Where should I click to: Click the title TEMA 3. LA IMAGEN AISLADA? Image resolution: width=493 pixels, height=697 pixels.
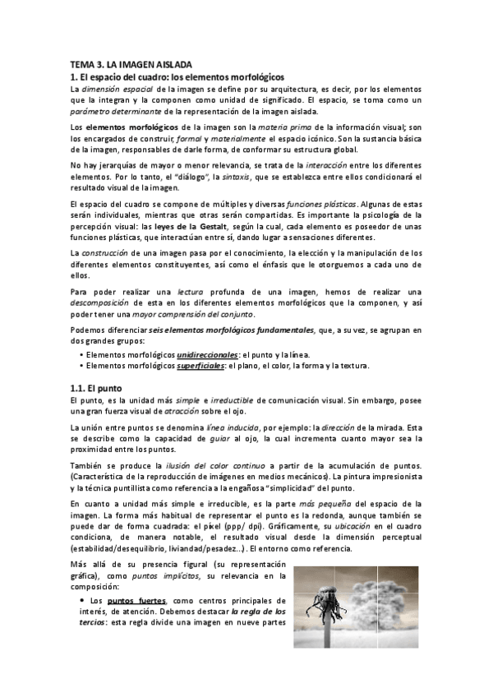[x=131, y=64]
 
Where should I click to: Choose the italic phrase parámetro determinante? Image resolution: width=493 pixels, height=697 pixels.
[x=114, y=109]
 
